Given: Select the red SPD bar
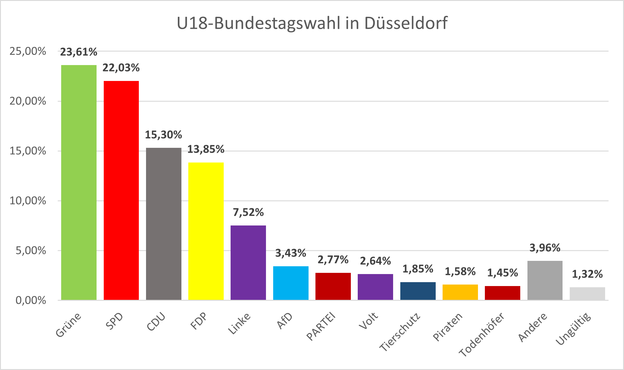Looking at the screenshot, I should click(121, 190).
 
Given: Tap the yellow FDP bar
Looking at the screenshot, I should click(206, 231).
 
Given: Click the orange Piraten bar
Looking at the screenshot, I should click(460, 292).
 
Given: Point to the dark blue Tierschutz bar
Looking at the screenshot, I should click(418, 291).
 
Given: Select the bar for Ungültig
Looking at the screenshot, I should click(587, 294).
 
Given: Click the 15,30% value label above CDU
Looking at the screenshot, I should click(163, 135).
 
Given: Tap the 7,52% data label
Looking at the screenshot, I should click(248, 212).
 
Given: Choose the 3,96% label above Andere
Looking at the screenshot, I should click(545, 248).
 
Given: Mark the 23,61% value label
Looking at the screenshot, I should click(79, 52).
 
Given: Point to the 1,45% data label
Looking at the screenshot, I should click(503, 273).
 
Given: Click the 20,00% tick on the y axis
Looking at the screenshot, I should click(28, 101).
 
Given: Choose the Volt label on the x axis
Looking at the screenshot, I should click(369, 321).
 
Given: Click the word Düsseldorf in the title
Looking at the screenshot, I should click(406, 23).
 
